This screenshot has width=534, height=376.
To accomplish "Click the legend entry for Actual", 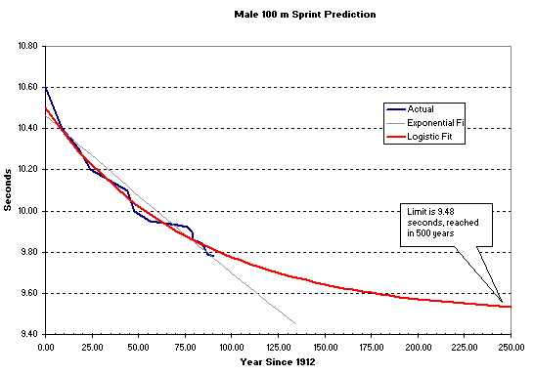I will [x=421, y=108].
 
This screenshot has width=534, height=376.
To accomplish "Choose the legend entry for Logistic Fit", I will [x=428, y=138].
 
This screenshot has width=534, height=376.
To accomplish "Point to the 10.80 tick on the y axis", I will [x=25, y=46].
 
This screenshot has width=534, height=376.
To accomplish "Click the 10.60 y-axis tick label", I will [x=25, y=87].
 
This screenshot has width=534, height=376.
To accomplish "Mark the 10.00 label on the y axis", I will [x=25, y=211].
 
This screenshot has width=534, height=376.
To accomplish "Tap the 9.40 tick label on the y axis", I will [x=27, y=334].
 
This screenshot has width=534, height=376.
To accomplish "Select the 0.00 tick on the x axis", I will [x=45, y=347].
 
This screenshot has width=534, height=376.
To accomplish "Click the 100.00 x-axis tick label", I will [x=232, y=347].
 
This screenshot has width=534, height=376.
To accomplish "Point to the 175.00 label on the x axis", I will [x=372, y=347].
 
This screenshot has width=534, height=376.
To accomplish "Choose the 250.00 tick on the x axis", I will [x=511, y=347].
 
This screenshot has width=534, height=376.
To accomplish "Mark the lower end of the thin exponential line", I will [x=295, y=323].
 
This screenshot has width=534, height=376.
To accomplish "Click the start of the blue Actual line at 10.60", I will [x=46, y=88].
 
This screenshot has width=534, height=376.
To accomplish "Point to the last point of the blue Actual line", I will [x=213, y=256].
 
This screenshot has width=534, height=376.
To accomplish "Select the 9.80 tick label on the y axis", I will [x=27, y=252].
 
